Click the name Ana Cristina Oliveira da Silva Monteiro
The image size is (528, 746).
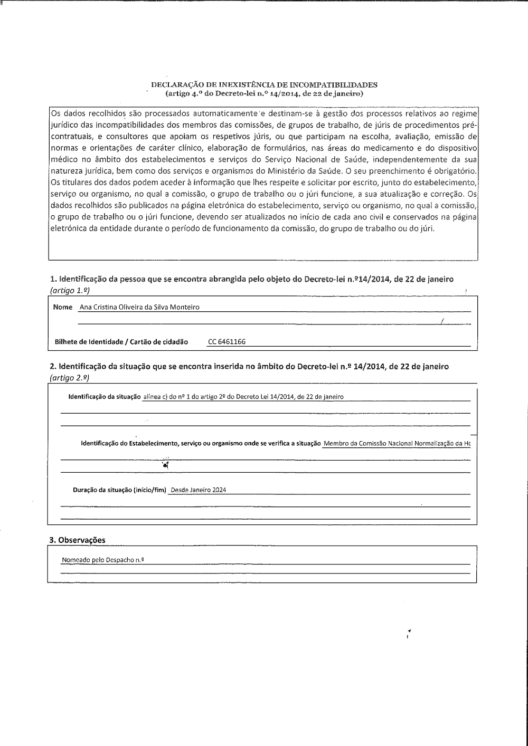tap(139, 307)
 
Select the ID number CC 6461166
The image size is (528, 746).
tap(227, 342)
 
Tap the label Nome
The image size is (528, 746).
tap(63, 307)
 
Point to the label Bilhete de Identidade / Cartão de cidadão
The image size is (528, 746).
tap(121, 342)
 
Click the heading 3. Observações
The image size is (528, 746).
tap(77, 540)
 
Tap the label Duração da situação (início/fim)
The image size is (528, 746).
tap(119, 490)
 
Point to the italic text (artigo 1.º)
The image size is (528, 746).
tap(66, 290)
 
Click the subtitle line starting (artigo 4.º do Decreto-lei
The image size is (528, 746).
tap(264, 93)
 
